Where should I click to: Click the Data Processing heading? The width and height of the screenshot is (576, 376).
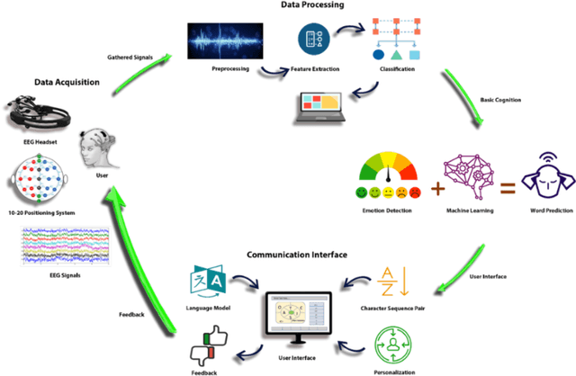pyautogui.click(x=287, y=6)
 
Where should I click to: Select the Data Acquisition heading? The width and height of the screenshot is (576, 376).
pyautogui.click(x=67, y=82)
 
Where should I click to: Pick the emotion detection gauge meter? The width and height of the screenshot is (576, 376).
pyautogui.click(x=389, y=172)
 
